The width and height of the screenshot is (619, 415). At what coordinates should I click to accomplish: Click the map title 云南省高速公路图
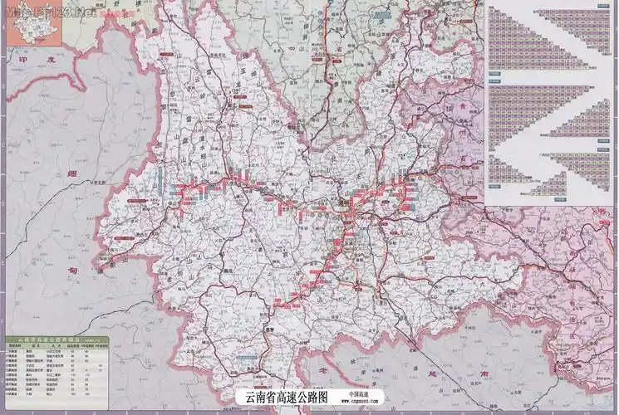pos(282,397)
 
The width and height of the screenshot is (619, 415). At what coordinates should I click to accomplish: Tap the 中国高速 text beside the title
pos(361,394)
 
